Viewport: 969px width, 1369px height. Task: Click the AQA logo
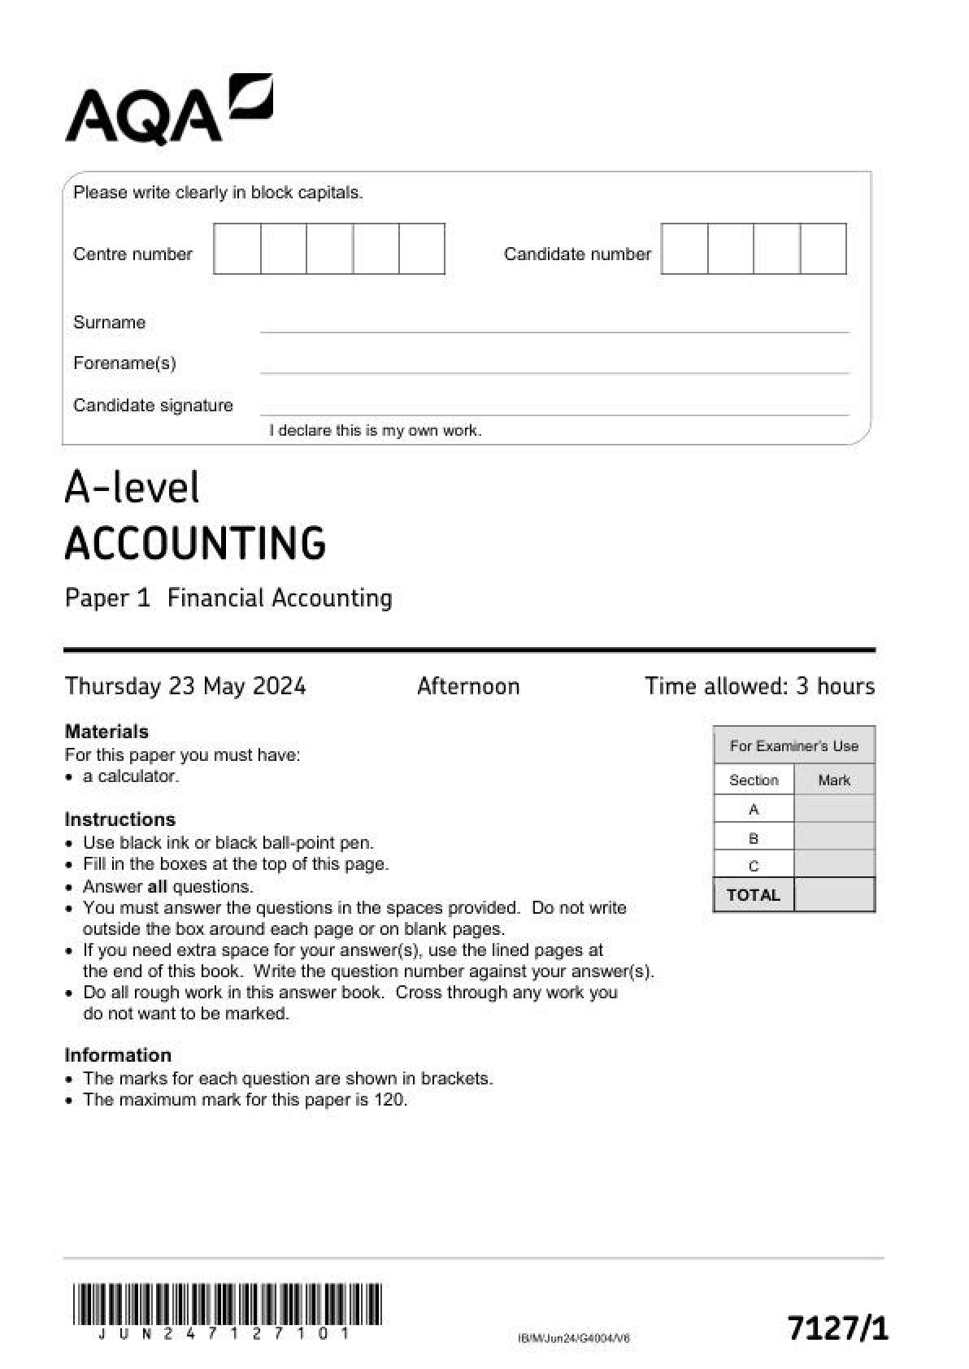[x=168, y=111]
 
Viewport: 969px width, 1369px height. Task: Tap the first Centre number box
[x=237, y=249]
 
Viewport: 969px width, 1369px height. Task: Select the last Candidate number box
[x=823, y=249]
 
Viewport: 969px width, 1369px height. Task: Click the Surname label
[x=109, y=323]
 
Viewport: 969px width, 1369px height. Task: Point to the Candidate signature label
[x=153, y=406]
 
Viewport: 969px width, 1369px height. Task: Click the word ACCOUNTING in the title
[x=195, y=543]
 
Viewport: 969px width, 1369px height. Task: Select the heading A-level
[x=132, y=488]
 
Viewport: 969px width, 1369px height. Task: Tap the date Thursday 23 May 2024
[x=185, y=686]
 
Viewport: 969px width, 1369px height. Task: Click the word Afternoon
[x=468, y=686]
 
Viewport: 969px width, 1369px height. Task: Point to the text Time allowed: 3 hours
[x=759, y=686]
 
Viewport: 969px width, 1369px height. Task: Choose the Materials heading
[x=106, y=732]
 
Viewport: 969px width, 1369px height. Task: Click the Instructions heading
[x=119, y=819]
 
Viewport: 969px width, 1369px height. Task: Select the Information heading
[x=118, y=1055]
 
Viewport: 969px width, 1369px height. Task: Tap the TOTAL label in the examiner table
[x=753, y=895]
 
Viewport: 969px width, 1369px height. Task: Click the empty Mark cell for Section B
[x=834, y=837]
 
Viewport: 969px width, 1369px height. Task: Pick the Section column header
[x=754, y=780]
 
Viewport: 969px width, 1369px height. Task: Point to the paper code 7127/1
[x=837, y=1328]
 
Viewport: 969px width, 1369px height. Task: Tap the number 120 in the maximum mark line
[x=389, y=1100]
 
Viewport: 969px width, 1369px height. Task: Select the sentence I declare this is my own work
[x=376, y=431]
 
